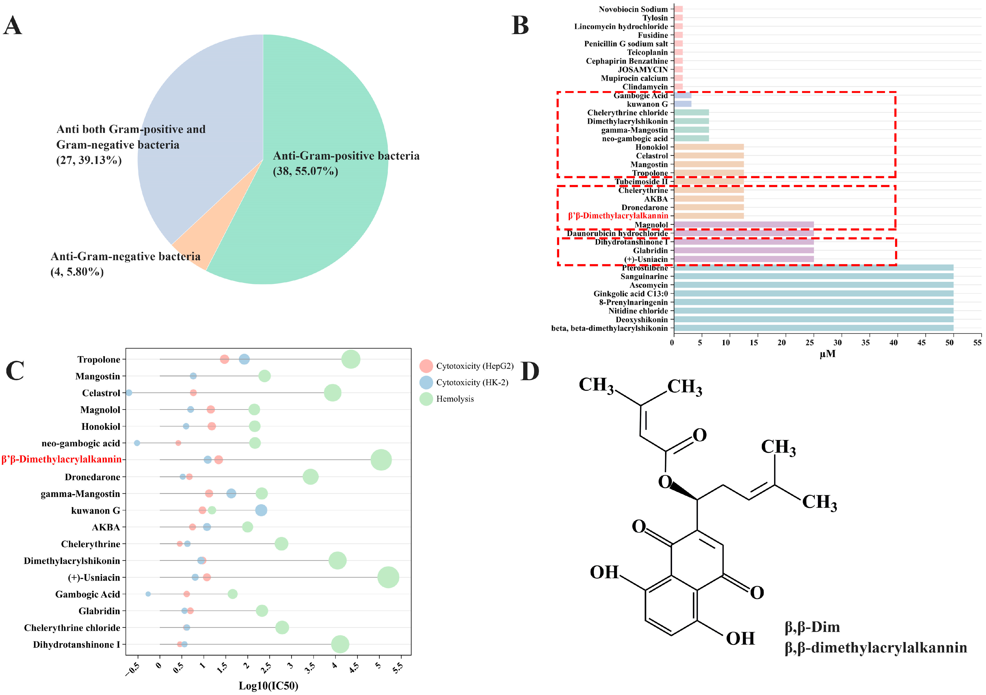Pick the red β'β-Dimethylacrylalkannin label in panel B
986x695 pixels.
click(x=618, y=216)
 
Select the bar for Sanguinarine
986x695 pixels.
click(x=813, y=276)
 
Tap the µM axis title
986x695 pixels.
click(x=827, y=354)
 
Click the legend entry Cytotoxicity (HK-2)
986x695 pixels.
click(x=472, y=382)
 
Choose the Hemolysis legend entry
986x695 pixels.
click(x=455, y=399)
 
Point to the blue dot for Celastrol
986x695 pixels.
click(x=129, y=393)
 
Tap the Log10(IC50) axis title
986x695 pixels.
click(x=268, y=686)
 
